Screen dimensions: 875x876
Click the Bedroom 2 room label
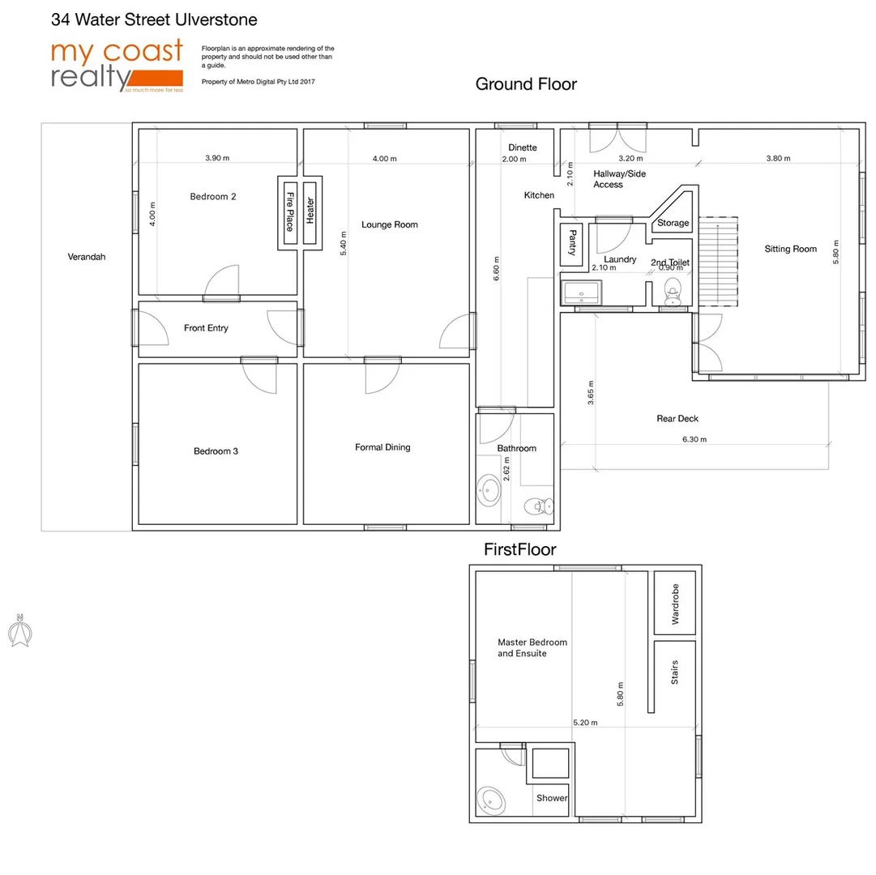(213, 196)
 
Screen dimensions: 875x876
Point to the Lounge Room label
(390, 224)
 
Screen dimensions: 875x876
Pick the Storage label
(673, 223)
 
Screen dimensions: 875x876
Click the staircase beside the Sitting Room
(720, 261)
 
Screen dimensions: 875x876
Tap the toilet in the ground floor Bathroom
(536, 506)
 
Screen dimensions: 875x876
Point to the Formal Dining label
(382, 447)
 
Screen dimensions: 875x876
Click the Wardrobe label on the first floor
(675, 604)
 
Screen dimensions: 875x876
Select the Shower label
(552, 798)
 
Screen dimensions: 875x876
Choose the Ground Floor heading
(526, 84)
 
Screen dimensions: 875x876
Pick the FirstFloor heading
(519, 549)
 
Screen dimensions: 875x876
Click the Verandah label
(87, 257)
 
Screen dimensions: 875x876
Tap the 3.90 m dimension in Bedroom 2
(217, 158)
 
